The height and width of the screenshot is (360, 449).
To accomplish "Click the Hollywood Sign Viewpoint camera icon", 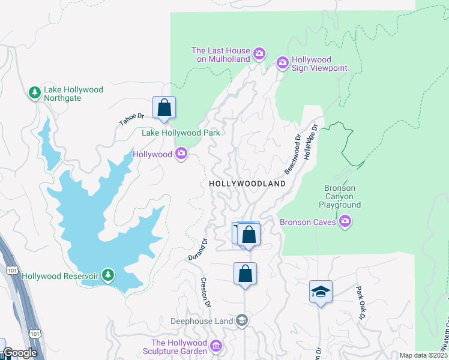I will tap(283, 63).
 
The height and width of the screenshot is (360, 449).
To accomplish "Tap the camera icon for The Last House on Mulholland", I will tap(259, 55).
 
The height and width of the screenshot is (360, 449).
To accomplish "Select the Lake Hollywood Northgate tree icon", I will tap(35, 93).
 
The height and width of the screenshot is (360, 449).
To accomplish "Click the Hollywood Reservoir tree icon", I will tap(108, 275).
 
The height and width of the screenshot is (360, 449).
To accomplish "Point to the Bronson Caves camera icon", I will tap(345, 223).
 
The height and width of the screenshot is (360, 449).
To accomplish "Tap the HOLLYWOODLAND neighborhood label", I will tap(247, 184).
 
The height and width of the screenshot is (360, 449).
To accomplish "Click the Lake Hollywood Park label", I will tap(181, 133).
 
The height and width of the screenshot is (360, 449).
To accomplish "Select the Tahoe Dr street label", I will tap(132, 119).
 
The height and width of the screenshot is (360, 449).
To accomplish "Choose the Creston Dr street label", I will tap(205, 292).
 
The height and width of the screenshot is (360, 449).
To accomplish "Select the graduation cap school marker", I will tap(321, 292).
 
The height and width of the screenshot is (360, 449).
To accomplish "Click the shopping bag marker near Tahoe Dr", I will tap(164, 108).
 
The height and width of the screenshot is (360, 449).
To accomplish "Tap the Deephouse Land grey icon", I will tap(241, 320).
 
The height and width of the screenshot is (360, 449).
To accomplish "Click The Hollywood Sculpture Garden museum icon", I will tap(216, 346).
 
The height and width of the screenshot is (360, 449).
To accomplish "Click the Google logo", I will tap(19, 353).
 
